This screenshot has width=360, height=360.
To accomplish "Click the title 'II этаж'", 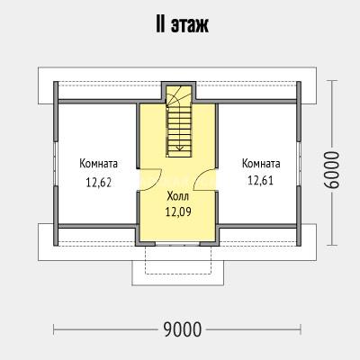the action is tap(182, 25).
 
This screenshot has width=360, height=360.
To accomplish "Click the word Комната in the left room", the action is tap(99, 164).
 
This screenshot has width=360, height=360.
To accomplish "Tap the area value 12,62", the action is tap(99, 182).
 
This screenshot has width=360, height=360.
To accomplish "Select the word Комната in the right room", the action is tap(261, 164).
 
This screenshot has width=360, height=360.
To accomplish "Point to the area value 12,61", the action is tap(260, 180).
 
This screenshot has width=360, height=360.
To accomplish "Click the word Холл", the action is tap(178, 197).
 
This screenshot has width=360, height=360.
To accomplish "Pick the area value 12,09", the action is tap(178, 212).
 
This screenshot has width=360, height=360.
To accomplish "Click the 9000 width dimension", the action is tap(183, 329).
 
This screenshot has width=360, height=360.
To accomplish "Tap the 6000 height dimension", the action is tap(332, 170).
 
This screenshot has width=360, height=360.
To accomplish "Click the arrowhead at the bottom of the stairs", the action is tap(179, 148).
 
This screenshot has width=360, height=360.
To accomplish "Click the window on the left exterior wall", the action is tap(55, 164).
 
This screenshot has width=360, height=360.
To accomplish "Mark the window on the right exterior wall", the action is tap(299, 164).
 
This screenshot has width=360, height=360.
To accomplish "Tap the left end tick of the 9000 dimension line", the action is tap(54, 329).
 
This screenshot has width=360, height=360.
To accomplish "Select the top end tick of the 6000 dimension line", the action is tap(331, 80).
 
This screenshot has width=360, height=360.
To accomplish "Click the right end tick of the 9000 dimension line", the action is tap(301, 329).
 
